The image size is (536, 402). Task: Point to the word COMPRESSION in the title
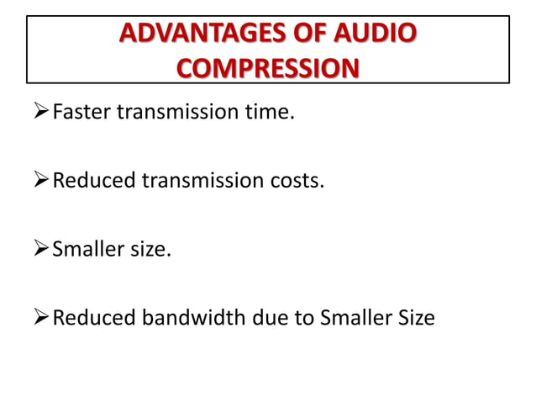click(266, 66)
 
